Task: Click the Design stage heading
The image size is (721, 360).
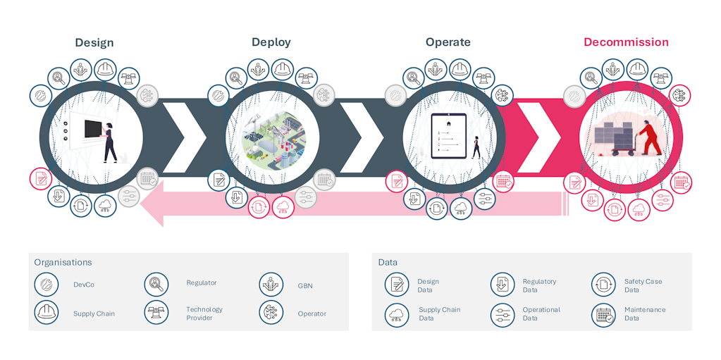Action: (94, 42)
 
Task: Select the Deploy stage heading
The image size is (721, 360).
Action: (271, 42)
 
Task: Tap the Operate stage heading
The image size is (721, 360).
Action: (448, 42)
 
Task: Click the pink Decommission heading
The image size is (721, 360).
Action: (626, 42)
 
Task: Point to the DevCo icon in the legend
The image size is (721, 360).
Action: (46, 285)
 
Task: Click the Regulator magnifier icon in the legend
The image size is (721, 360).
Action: (156, 285)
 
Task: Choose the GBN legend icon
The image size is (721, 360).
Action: (271, 285)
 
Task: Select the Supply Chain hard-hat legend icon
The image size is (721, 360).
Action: (46, 312)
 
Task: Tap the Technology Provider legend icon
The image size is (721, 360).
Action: (156, 312)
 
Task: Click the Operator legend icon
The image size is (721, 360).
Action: (271, 312)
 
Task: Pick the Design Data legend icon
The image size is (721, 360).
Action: (397, 285)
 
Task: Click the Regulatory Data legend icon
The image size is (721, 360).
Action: (503, 285)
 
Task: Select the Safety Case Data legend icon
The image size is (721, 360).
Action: (603, 285)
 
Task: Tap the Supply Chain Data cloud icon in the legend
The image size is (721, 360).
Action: (397, 315)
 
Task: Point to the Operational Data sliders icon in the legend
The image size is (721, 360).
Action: (503, 315)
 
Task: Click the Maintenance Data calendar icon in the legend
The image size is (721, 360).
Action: (603, 315)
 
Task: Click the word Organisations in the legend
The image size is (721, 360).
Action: (63, 262)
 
